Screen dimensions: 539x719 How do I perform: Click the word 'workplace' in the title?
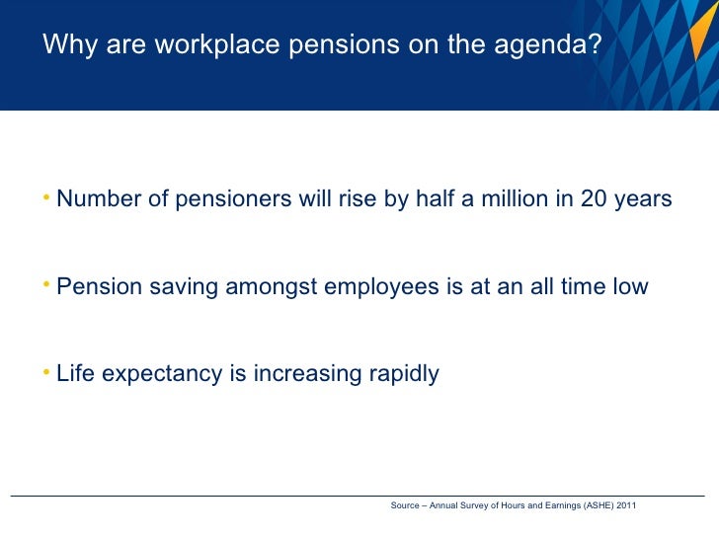219,45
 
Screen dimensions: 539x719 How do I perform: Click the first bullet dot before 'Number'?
47,196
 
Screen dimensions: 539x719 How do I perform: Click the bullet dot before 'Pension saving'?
47,284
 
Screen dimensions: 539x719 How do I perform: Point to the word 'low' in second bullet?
629,287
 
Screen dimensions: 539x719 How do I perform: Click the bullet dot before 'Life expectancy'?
47,371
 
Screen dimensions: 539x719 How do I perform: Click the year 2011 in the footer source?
626,505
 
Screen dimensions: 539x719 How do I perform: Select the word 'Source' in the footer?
405,505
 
